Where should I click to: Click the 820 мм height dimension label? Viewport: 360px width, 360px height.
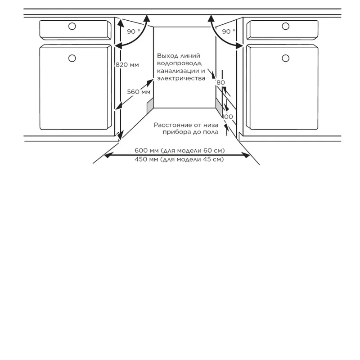[127, 65]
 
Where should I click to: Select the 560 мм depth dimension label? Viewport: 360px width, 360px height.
[139, 92]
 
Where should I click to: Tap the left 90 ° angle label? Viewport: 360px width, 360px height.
[133, 31]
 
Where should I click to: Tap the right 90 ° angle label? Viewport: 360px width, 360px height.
[229, 31]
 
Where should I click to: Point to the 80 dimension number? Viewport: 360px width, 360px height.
[220, 82]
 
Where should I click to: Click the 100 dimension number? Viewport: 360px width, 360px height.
[228, 117]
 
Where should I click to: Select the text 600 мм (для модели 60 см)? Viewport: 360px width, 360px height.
[180, 151]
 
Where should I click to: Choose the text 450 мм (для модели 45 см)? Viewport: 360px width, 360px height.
[179, 159]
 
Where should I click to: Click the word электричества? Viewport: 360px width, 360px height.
[181, 78]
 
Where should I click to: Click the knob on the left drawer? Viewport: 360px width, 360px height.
[72, 26]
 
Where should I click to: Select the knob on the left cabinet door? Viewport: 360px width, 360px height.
[72, 58]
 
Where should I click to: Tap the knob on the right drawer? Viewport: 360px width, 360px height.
[286, 26]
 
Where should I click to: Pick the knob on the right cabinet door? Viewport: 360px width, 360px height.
[286, 58]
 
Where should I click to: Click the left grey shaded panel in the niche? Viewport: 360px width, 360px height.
[150, 106]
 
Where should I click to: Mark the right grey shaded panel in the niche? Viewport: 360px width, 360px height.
[219, 107]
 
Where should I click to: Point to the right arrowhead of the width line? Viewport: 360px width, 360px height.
[246, 155]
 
